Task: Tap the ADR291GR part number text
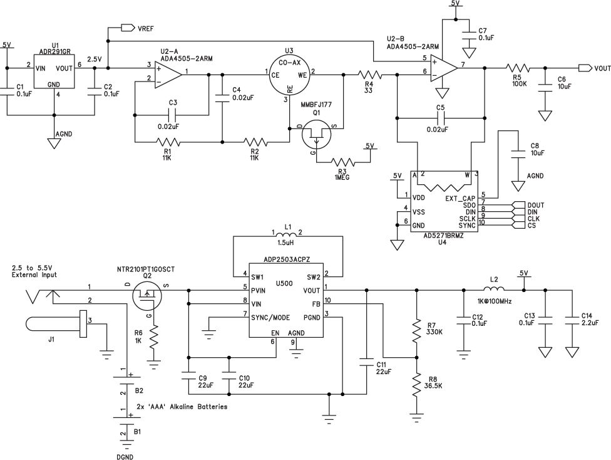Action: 55,52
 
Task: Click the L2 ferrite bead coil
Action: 494,290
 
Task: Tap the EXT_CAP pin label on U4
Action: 460,199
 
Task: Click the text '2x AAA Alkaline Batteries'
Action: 182,407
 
